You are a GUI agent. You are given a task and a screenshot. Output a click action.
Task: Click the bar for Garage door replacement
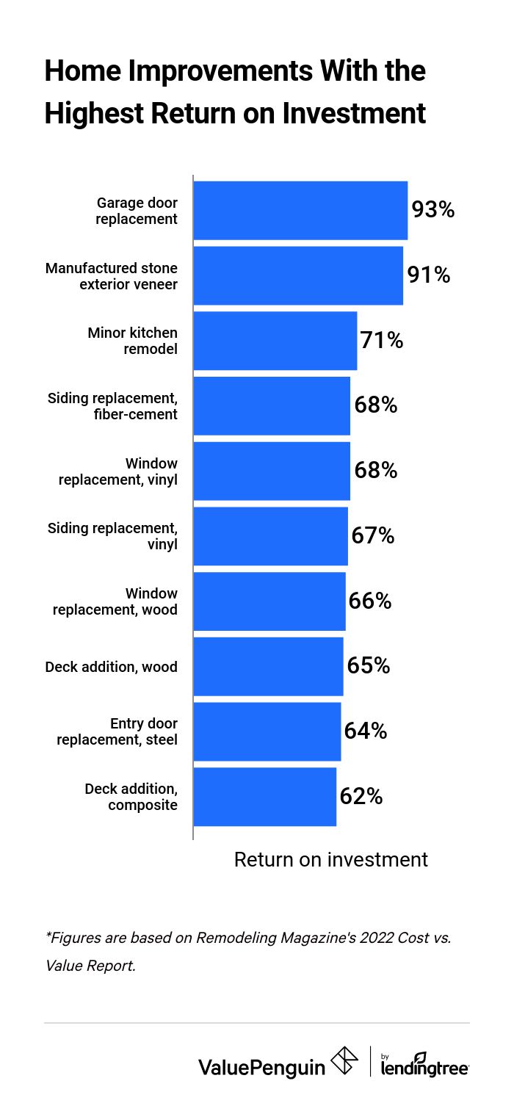point(300,210)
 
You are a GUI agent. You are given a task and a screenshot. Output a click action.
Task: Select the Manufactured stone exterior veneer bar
point(298,275)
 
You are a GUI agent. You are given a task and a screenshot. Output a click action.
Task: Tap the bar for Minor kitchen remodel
point(275,341)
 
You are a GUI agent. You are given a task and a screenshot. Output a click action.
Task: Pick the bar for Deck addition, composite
point(264,797)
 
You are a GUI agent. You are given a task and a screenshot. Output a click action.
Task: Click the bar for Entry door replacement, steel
point(267,731)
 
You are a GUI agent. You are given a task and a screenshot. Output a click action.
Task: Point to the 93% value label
point(433,210)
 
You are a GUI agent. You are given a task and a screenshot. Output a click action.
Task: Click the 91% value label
point(429,275)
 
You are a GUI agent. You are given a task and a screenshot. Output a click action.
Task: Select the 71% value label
point(382,341)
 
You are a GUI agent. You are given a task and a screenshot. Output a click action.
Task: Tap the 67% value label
point(373,536)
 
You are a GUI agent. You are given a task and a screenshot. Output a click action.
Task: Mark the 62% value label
point(361,797)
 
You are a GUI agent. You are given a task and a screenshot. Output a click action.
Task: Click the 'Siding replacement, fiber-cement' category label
point(112,406)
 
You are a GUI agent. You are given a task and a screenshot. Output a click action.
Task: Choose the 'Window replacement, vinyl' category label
point(118,471)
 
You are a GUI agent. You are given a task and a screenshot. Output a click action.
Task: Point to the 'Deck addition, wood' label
point(111,667)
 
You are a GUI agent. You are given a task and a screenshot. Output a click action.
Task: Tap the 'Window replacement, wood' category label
point(115,601)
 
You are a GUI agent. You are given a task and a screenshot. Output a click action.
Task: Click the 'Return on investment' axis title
point(330,859)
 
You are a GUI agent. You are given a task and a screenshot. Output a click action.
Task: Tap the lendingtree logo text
point(425,1067)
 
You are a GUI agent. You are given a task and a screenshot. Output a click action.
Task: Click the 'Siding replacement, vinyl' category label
point(112,536)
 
